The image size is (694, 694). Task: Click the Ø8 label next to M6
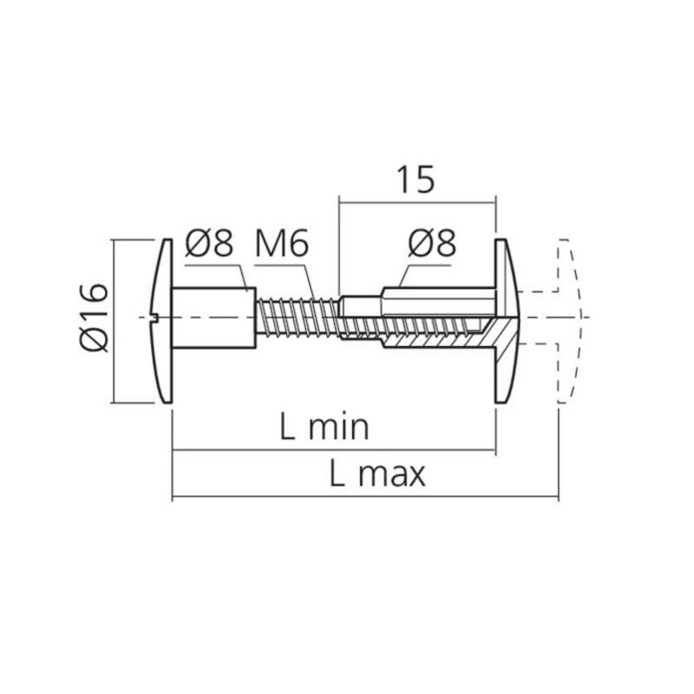coord(209,245)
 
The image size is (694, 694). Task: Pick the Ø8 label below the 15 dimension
coord(431,245)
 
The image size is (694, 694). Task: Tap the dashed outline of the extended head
coord(570,318)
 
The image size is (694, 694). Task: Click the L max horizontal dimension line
coord(364,496)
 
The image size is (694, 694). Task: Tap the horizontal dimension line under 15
coord(416,202)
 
